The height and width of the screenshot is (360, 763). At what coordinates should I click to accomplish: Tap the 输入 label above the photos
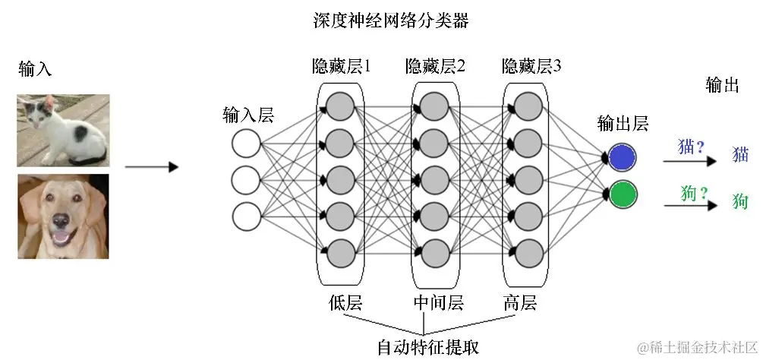click(x=36, y=69)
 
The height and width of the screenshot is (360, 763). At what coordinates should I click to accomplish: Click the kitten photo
click(x=63, y=130)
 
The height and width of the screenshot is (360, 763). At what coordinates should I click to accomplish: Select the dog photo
click(x=63, y=216)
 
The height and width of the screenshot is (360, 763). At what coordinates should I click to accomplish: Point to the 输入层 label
click(x=248, y=115)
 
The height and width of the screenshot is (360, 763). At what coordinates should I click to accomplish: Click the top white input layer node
click(x=247, y=144)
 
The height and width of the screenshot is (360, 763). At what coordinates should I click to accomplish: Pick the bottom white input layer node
click(x=247, y=215)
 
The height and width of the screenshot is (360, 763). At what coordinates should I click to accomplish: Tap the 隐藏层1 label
click(x=341, y=67)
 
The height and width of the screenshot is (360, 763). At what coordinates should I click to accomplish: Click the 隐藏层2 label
click(x=435, y=67)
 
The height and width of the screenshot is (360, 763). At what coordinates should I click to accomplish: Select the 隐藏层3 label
click(x=531, y=67)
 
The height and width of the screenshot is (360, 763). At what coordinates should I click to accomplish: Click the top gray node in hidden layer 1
click(x=340, y=105)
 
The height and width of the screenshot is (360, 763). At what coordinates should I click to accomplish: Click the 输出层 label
click(x=623, y=124)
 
